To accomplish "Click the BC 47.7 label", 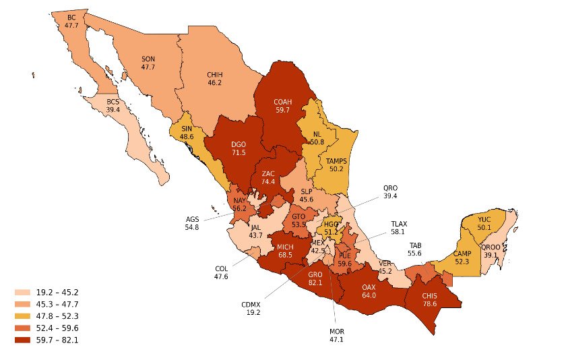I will tap(71, 21).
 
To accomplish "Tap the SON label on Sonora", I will tap(148, 63).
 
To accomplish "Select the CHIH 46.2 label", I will tap(215, 78).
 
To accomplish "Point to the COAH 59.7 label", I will tap(282, 105).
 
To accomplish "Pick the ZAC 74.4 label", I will tap(268, 178).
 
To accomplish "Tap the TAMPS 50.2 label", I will tap(336, 165).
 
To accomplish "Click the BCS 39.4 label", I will tap(113, 105).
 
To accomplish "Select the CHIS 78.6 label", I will tap(429, 299).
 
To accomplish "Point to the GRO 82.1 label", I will tap(315, 279).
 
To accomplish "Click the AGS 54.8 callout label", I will tap(192, 223).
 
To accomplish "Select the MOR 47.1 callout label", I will tap(336, 336).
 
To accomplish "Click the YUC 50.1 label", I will tap(484, 224).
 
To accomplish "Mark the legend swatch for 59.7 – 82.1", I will tap(22, 340).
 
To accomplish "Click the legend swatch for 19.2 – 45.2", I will tap(22, 293).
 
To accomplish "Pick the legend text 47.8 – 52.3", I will tap(57, 316).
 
